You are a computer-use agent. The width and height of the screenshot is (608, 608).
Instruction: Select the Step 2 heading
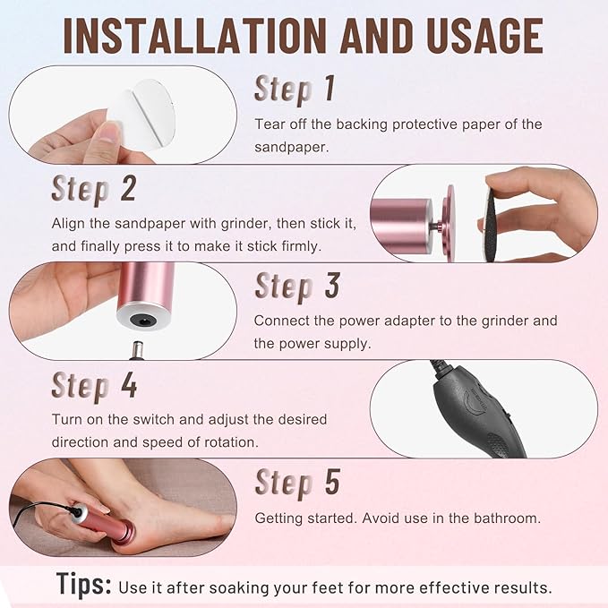tap(93, 189)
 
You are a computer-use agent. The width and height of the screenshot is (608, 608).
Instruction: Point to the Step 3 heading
tap(297, 286)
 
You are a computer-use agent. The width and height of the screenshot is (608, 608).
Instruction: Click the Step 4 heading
tap(93, 385)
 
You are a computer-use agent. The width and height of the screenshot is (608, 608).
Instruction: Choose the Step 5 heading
tap(297, 482)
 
